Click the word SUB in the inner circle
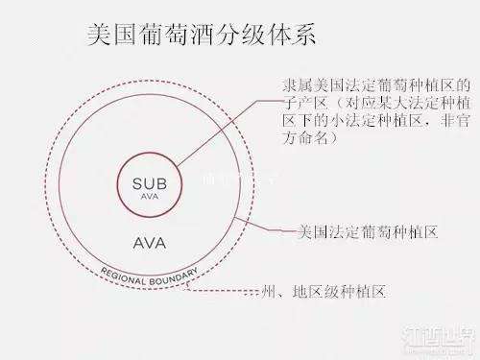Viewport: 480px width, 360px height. [149, 183]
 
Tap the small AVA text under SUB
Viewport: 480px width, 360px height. [149, 196]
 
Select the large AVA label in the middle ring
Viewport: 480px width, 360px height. [149, 241]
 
